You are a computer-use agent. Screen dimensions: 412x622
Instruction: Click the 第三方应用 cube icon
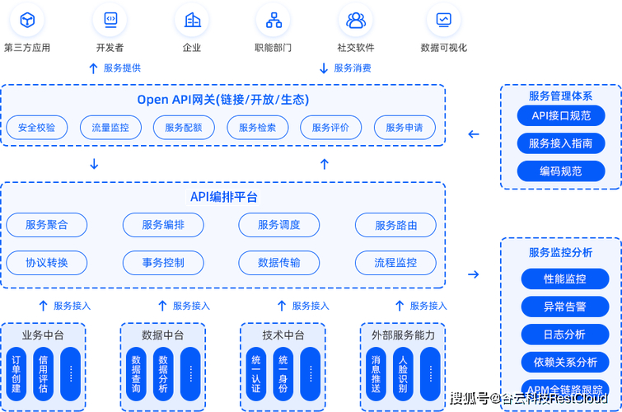[x=27, y=20]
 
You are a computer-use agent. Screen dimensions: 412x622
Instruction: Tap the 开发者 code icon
[x=110, y=20]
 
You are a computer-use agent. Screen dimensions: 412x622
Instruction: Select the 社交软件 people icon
[x=356, y=20]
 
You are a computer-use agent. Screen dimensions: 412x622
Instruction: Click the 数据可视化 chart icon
[x=443, y=20]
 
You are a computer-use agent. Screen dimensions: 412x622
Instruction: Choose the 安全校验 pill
[x=36, y=128]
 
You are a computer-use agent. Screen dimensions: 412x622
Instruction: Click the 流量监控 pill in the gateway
[x=110, y=128]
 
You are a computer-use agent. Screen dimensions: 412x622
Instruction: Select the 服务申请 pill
[x=404, y=128]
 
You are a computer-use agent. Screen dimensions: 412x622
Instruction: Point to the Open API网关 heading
[x=222, y=100]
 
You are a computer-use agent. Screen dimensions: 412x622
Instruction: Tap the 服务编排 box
[x=163, y=225]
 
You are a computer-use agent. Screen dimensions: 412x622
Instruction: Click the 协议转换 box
[x=47, y=263]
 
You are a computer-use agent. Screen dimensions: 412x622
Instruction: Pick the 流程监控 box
[x=395, y=263]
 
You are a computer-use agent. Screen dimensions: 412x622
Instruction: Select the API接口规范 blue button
[x=561, y=116]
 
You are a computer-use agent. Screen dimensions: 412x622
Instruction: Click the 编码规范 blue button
[x=561, y=171]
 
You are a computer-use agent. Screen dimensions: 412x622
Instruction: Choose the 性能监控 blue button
[x=565, y=279]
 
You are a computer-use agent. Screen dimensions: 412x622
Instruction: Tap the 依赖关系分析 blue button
[x=565, y=362]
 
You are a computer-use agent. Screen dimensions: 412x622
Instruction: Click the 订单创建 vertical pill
[x=16, y=375]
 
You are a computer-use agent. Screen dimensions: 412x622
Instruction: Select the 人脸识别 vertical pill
[x=403, y=375]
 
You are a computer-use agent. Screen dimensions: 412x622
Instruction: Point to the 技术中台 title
[x=283, y=335]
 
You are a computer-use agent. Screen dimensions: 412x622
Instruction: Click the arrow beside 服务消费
[x=324, y=68]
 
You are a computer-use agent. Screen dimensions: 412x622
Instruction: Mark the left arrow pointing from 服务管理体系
[x=474, y=134]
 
